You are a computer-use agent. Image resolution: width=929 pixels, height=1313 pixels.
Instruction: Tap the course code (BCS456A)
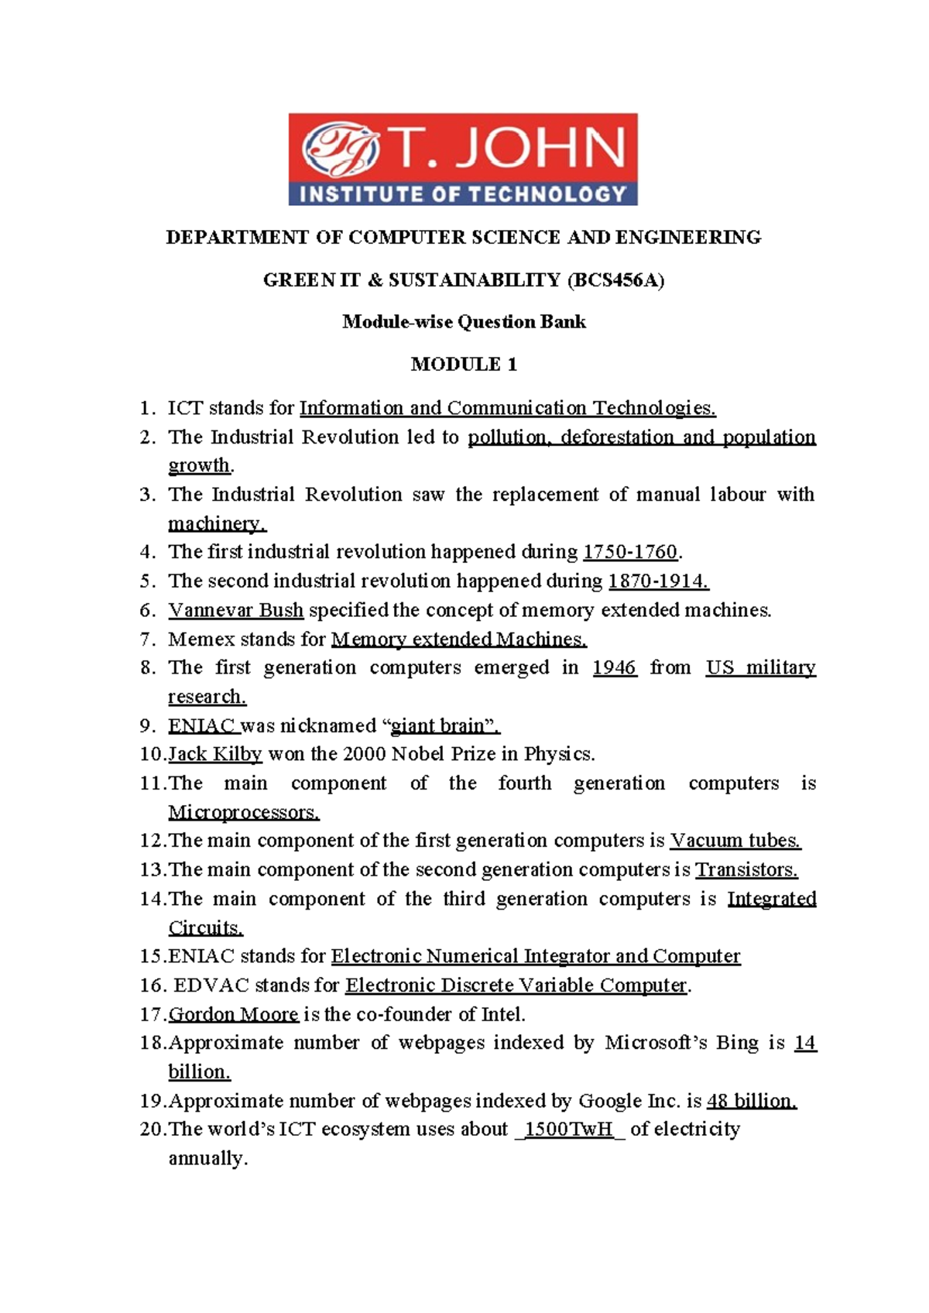(x=615, y=280)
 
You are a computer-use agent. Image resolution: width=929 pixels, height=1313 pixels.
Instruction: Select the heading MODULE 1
(x=464, y=365)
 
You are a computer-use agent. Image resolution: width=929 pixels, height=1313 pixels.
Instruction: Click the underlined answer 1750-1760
(x=629, y=552)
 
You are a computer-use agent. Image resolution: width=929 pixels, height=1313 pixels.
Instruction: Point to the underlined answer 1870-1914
(x=658, y=581)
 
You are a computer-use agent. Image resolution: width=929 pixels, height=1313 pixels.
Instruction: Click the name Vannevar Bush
(x=235, y=610)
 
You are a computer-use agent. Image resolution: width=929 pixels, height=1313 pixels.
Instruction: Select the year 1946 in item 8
(x=614, y=668)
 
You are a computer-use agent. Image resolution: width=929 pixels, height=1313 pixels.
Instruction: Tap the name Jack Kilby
(x=215, y=754)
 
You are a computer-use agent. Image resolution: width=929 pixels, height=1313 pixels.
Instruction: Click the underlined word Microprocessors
(x=243, y=812)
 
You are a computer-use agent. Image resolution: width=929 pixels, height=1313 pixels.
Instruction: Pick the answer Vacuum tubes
(x=735, y=841)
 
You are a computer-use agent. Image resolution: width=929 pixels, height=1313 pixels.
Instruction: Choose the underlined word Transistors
(x=746, y=870)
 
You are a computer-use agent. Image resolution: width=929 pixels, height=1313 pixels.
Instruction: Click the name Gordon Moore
(x=233, y=1014)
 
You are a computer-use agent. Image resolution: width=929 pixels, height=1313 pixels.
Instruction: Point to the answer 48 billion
(x=751, y=1101)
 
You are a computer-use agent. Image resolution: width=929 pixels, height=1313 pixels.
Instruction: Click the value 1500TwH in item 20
(x=569, y=1130)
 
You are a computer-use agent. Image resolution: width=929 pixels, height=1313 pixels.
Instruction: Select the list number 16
(x=153, y=986)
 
